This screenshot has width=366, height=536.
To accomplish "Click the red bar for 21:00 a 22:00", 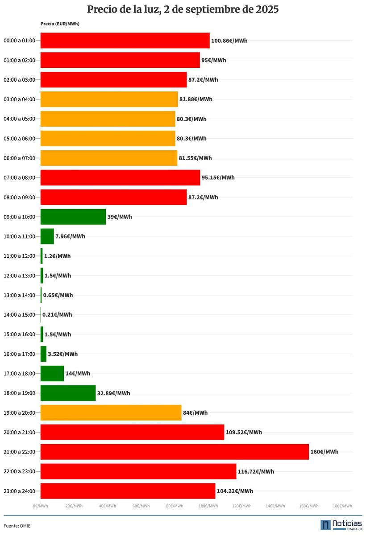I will coord(175,452).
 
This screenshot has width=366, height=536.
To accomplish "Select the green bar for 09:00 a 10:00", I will coord(73,217).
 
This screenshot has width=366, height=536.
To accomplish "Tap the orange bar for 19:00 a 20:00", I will coord(111,412).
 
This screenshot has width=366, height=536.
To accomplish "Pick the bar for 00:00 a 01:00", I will coord(125,41).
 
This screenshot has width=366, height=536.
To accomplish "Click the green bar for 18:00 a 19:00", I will coord(68,393).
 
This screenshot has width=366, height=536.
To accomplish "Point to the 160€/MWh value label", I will coord(324,452).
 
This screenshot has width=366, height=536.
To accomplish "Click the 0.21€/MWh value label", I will coord(57,315).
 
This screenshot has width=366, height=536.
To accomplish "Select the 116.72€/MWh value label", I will coord(256,471).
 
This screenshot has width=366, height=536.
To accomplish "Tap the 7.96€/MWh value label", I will coord(70,236).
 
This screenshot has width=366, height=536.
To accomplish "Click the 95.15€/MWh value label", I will coord(218,177).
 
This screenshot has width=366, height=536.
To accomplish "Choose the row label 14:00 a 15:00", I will coord(19,315).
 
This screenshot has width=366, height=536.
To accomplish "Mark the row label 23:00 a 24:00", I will coord(19,491).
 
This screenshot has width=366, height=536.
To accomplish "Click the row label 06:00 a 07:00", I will coord(19,158).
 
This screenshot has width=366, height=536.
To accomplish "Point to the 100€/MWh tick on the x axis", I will coord(208,506).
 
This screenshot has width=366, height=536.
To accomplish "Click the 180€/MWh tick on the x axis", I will coord(342,506).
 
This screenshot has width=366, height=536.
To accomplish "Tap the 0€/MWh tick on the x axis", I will coord(40,506).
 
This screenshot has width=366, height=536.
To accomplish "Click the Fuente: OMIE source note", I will coord(17,526).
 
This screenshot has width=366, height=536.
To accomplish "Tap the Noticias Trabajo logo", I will coord(341,525).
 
